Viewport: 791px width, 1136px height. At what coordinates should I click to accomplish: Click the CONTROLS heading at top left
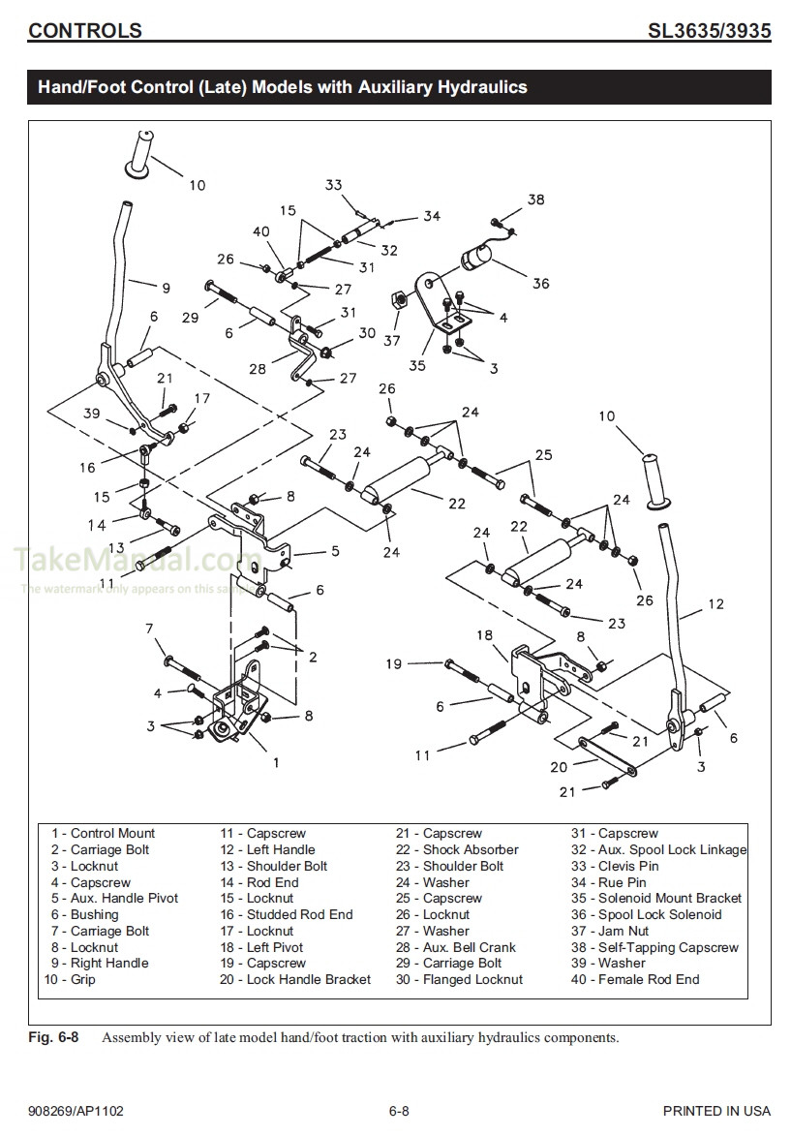pyautogui.click(x=85, y=30)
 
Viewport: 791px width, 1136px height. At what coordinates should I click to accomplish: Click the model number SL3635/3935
pyautogui.click(x=708, y=30)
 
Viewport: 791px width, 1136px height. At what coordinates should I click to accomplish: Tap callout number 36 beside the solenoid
pyautogui.click(x=540, y=284)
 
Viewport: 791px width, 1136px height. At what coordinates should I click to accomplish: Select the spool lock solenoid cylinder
pyautogui.click(x=478, y=259)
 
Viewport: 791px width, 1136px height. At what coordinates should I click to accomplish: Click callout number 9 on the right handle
pyautogui.click(x=166, y=288)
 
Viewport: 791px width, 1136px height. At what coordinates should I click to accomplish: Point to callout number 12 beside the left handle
pyautogui.click(x=715, y=604)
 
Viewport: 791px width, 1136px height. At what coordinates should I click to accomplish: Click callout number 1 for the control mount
pyautogui.click(x=276, y=762)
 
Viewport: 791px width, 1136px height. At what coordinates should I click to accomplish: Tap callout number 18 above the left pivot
pyautogui.click(x=484, y=634)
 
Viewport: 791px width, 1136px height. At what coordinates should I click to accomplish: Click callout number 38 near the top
pyautogui.click(x=535, y=200)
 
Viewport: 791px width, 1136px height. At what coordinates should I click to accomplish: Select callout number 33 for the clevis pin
pyautogui.click(x=333, y=185)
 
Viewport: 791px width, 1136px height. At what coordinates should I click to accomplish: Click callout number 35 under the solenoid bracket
pyautogui.click(x=417, y=366)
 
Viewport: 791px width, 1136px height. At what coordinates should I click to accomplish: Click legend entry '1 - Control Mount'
pyautogui.click(x=103, y=833)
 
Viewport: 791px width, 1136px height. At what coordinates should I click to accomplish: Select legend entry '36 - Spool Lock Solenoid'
pyautogui.click(x=646, y=914)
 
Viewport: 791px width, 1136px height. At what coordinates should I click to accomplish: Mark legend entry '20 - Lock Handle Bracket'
pyautogui.click(x=294, y=979)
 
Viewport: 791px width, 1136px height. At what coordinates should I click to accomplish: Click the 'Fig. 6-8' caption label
pyautogui.click(x=53, y=1037)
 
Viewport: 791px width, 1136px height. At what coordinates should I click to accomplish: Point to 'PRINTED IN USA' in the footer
pyautogui.click(x=716, y=1111)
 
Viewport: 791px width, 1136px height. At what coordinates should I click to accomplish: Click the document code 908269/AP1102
pyautogui.click(x=76, y=1111)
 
